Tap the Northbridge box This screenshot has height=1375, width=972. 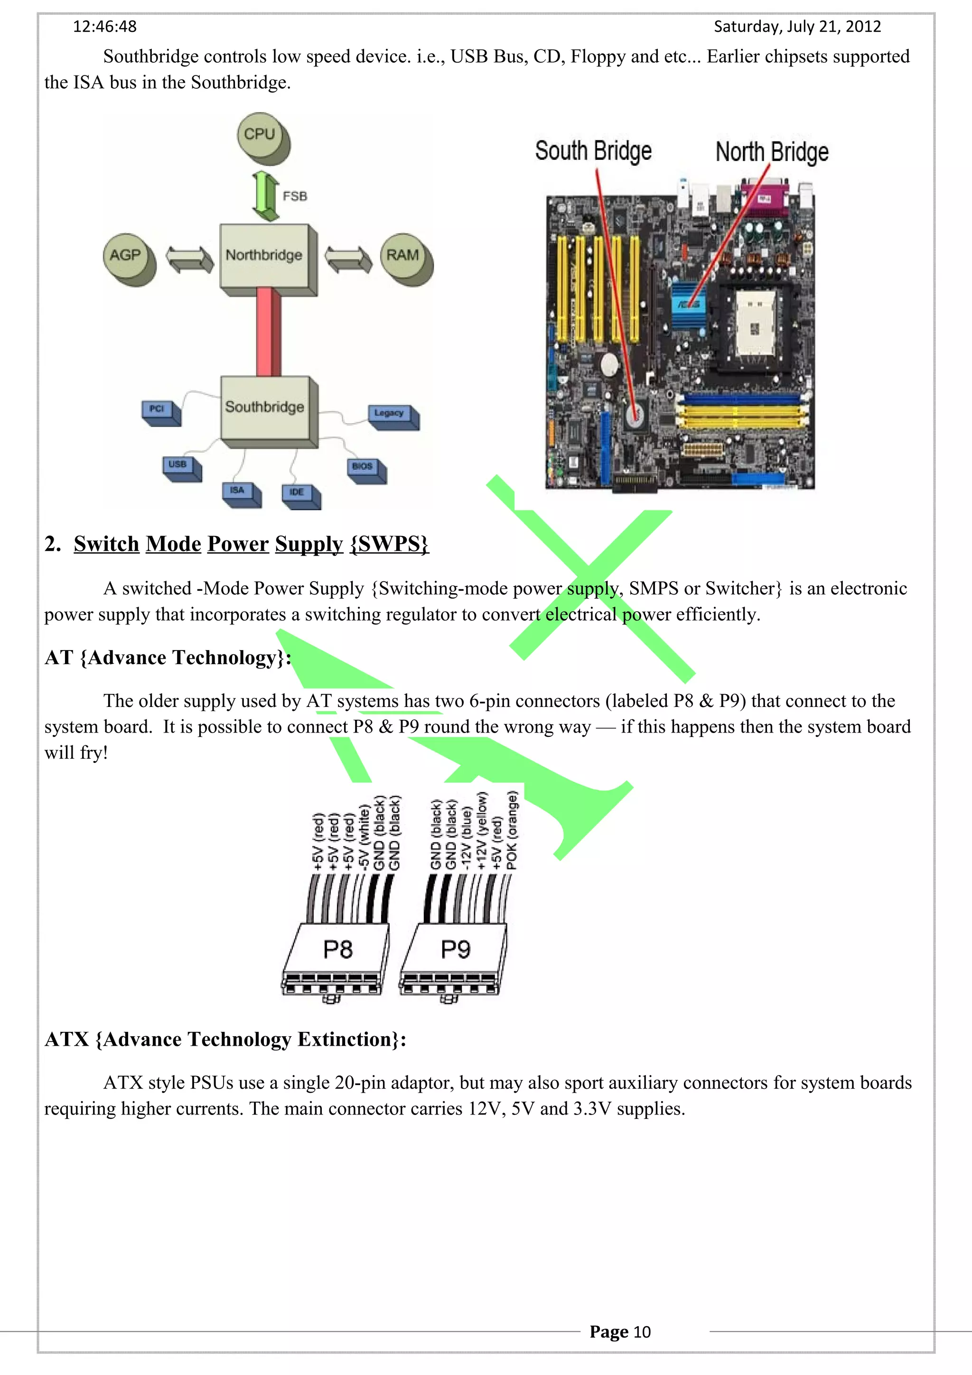pos(264,256)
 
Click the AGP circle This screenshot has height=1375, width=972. pos(125,256)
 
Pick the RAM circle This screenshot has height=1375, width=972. pos(402,256)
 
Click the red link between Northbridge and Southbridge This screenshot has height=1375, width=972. pos(267,333)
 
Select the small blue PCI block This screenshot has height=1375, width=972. pos(158,410)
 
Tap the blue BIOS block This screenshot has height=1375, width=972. pos(364,467)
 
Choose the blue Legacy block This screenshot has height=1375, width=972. pos(391,414)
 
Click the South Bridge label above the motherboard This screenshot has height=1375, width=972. pos(593,151)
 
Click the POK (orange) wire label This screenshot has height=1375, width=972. pos(512,830)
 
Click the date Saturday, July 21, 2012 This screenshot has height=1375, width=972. pos(796,27)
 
